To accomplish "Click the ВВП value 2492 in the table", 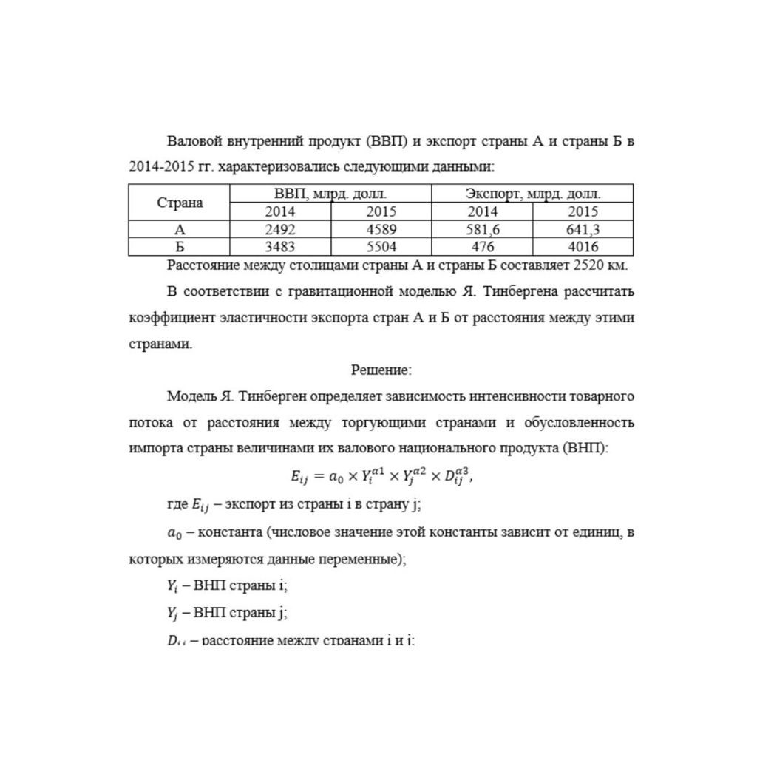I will (x=280, y=230).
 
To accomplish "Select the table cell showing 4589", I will (x=381, y=230).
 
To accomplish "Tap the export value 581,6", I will (x=482, y=230).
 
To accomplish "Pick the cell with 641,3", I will (x=583, y=230).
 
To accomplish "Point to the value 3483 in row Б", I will (x=280, y=248).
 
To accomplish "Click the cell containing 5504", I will (x=381, y=248).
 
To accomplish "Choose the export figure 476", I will (x=482, y=248).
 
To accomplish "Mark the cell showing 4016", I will (x=583, y=248).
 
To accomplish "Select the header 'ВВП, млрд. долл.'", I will (x=330, y=194).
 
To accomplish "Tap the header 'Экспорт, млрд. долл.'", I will (x=532, y=194).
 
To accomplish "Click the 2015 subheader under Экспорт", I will (x=583, y=211).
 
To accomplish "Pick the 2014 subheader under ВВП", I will (x=280, y=211).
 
